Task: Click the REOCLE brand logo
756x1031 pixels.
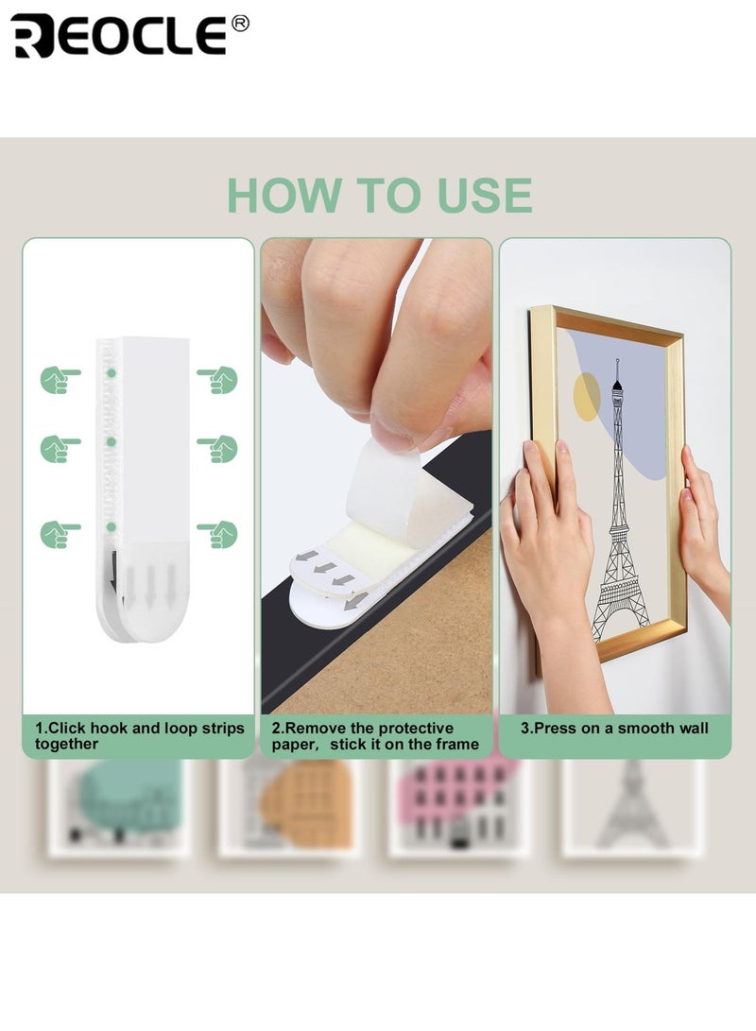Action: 118,36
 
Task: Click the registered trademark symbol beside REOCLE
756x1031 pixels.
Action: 240,24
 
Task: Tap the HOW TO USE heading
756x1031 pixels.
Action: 379,195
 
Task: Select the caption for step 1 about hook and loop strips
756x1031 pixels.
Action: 139,736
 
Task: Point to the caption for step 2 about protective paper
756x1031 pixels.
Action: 375,736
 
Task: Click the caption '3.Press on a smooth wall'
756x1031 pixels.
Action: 614,729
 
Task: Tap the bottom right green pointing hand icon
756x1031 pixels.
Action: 217,534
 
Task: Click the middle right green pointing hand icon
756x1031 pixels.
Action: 217,449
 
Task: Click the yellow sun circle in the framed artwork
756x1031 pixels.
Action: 586,397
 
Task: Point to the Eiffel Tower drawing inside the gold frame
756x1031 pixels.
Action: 620,510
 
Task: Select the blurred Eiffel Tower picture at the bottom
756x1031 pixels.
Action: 633,808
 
